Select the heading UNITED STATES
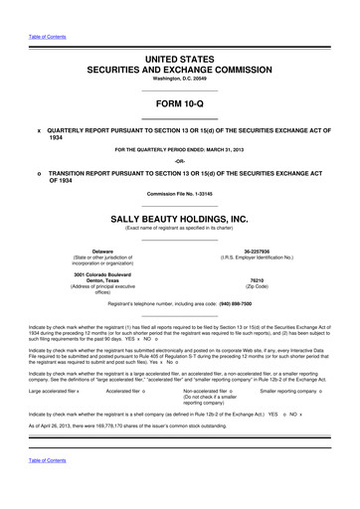click(x=179, y=60)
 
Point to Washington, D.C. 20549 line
click(x=179, y=82)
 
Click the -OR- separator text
click(x=179, y=160)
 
